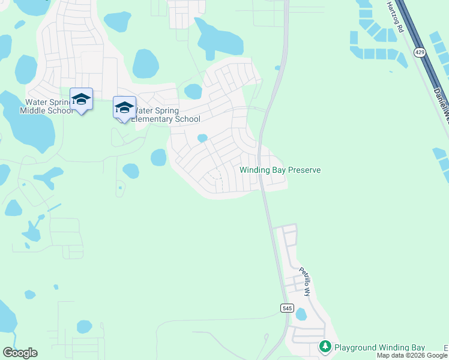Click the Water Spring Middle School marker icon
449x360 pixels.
(81, 99)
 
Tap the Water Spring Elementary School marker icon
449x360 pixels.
(124, 108)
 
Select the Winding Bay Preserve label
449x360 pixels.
(280, 170)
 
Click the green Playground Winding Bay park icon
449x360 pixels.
(325, 347)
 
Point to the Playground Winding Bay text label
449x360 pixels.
(379, 347)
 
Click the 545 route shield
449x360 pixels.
(286, 308)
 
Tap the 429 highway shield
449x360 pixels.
(418, 53)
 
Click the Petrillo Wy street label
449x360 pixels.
(306, 282)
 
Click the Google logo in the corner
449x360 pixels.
(20, 353)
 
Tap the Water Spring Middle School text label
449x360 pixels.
(46, 106)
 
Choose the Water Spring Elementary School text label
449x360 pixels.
(166, 115)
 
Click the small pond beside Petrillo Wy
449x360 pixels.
(301, 314)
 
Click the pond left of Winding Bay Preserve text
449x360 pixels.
(202, 138)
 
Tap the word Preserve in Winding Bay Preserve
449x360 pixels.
(304, 170)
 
